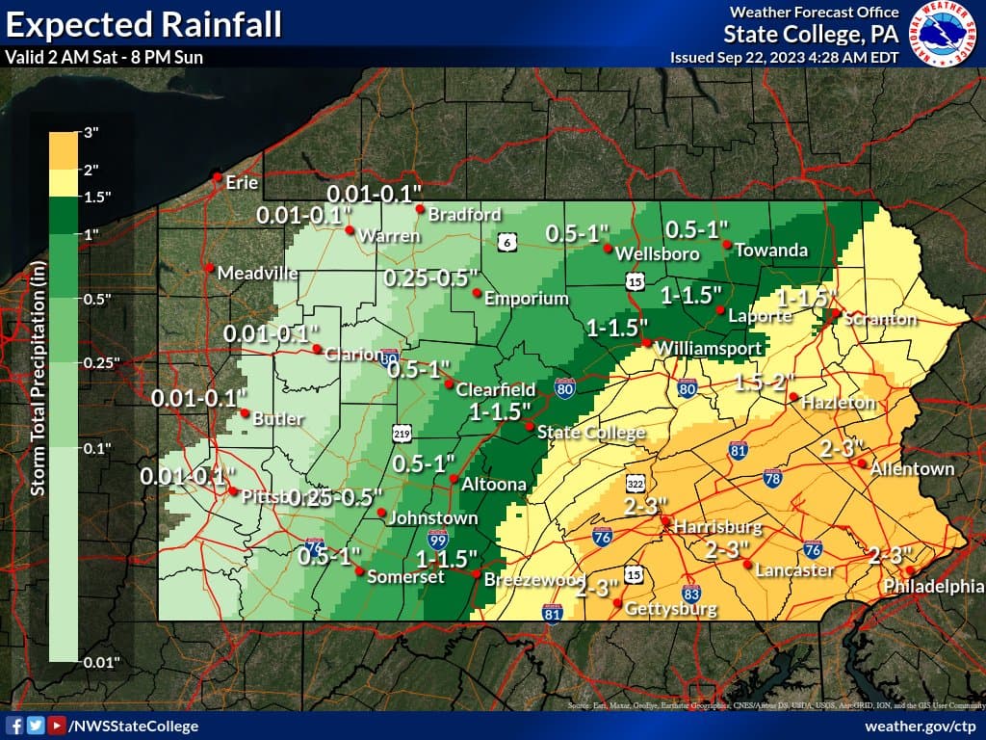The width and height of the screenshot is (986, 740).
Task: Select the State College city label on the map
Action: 590,433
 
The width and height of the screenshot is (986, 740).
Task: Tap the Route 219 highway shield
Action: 403,433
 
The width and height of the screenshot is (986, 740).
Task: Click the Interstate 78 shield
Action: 772,478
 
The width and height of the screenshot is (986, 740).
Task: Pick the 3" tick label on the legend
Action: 91,133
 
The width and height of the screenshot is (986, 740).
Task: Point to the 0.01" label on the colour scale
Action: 100,662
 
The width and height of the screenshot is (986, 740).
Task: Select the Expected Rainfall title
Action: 144,23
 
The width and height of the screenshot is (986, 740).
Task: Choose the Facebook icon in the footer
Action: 15,726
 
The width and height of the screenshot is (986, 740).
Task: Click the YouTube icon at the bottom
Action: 58,726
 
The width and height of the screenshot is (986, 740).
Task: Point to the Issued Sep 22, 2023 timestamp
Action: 784,57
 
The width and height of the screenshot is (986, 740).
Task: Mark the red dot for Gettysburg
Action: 617,603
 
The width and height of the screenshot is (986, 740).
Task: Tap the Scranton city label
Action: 880,319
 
